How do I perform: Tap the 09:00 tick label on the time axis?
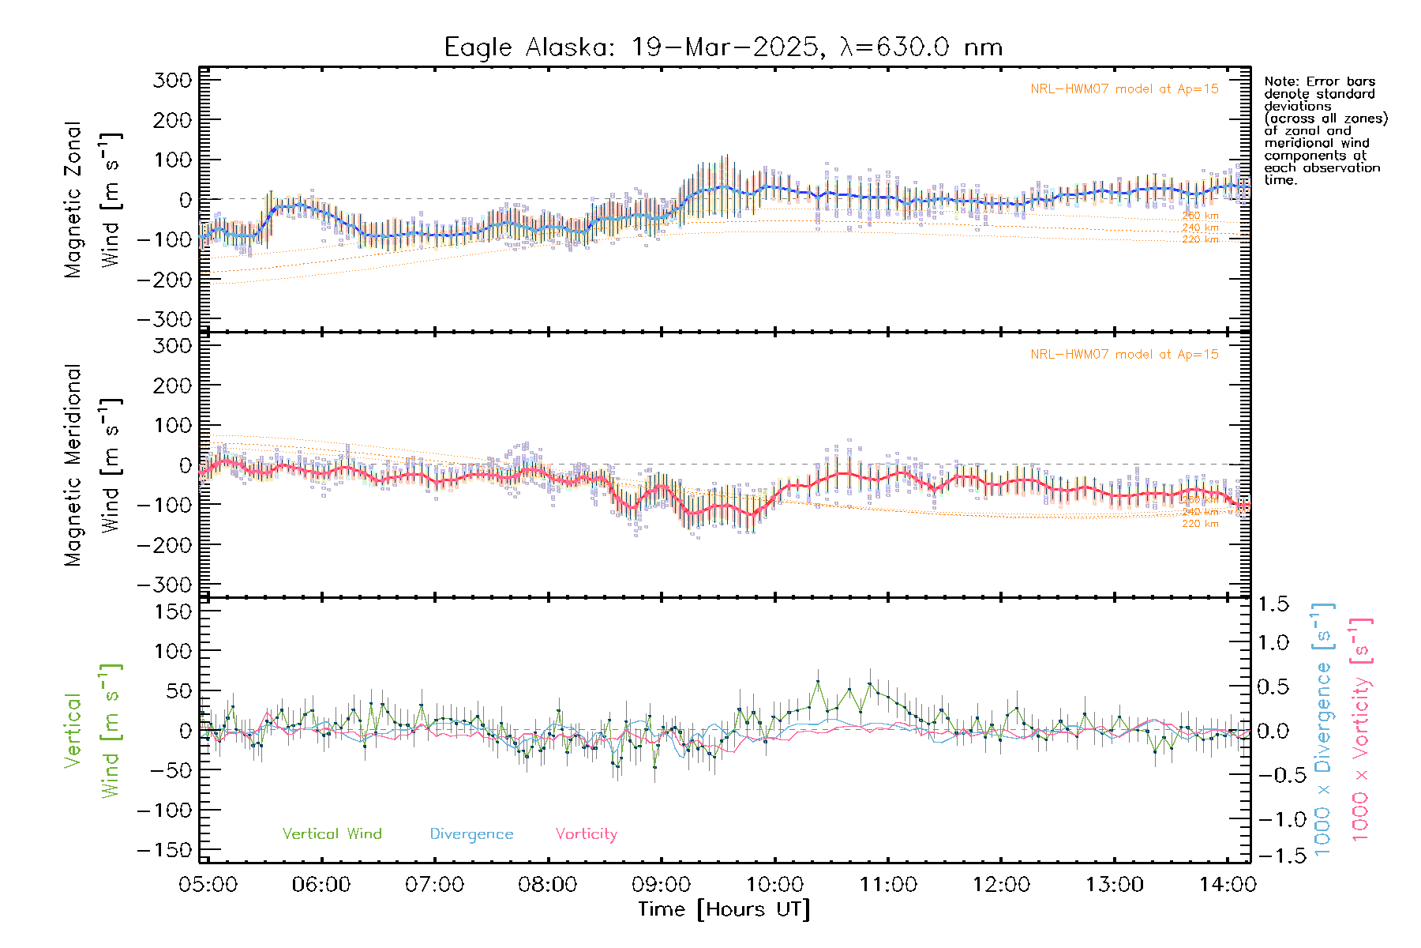(x=661, y=884)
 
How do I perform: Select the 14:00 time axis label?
(x=1227, y=884)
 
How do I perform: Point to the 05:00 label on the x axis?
(x=208, y=884)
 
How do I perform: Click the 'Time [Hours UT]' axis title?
(x=724, y=909)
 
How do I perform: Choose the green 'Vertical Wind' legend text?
(x=332, y=833)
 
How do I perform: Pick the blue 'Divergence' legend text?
(x=471, y=833)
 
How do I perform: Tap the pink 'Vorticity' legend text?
(x=586, y=833)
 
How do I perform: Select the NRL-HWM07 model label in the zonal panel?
(x=1124, y=88)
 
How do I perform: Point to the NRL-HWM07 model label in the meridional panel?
(x=1124, y=354)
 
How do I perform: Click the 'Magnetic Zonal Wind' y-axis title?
(x=92, y=199)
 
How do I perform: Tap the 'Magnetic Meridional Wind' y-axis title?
(x=92, y=465)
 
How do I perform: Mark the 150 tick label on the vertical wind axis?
(x=173, y=611)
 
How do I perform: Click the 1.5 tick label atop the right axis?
(x=1273, y=604)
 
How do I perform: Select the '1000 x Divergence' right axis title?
(x=1322, y=729)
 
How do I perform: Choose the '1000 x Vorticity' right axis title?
(x=1360, y=729)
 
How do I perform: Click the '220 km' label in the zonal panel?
(x=1200, y=239)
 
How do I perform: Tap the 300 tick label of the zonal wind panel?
(x=173, y=80)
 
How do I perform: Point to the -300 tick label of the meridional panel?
(x=165, y=585)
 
